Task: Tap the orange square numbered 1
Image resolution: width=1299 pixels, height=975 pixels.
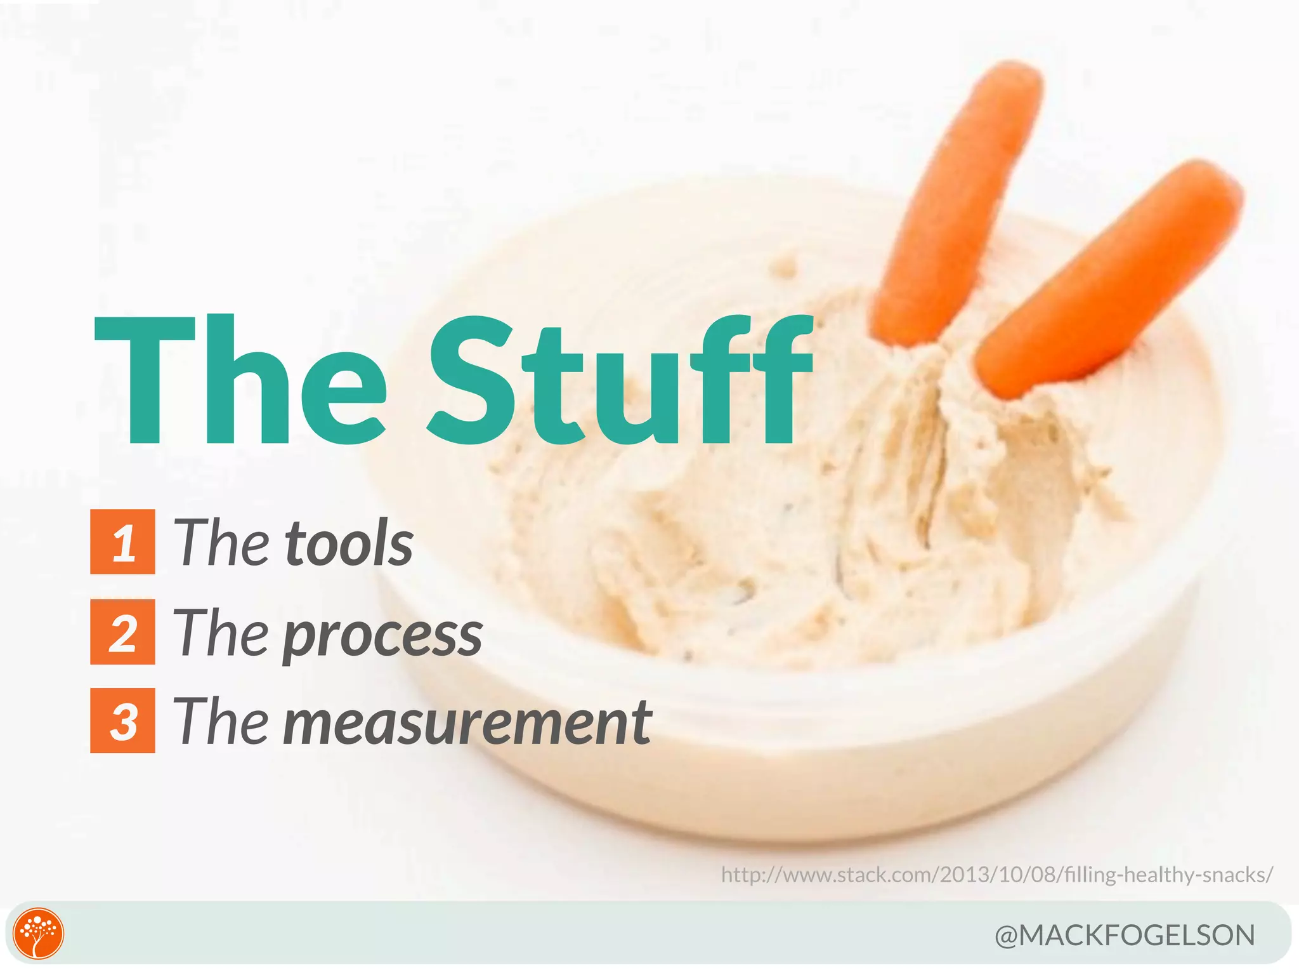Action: pos(122,541)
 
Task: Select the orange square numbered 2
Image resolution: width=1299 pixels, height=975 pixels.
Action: pos(122,632)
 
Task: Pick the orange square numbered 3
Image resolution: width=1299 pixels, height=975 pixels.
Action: pos(122,720)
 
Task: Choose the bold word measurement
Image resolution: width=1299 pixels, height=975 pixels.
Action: pos(467,722)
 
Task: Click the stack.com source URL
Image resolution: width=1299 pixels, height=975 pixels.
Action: pos(996,875)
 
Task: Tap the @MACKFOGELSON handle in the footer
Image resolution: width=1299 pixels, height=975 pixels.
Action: pos(1125,936)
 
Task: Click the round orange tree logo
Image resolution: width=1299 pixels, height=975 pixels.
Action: pos(39,934)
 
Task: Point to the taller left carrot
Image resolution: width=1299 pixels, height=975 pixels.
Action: pos(958,203)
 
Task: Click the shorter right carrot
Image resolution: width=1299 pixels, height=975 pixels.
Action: pos(1110,279)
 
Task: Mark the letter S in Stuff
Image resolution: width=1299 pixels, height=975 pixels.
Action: pos(473,381)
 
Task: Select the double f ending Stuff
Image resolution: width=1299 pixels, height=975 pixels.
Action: pos(752,381)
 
